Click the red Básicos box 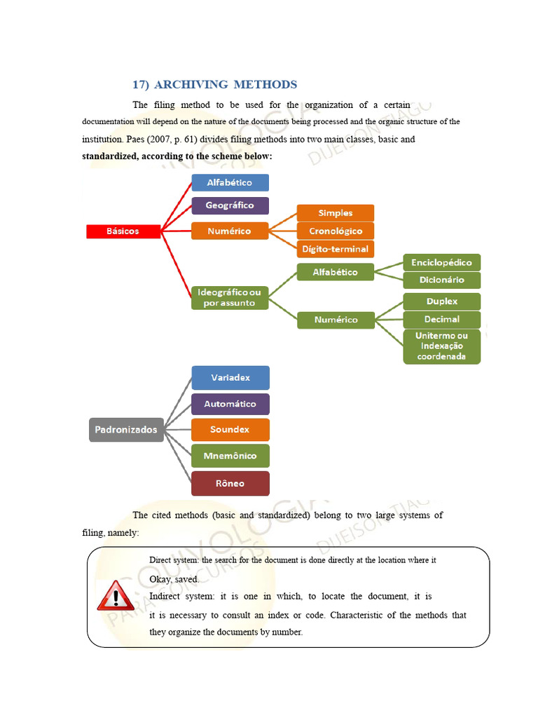[123, 231]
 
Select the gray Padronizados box [126, 430]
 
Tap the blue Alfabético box [230, 182]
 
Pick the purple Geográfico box [230, 205]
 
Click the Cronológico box [336, 231]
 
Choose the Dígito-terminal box [336, 249]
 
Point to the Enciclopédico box [441, 262]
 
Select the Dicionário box [441, 280]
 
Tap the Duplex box [441, 302]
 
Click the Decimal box [441, 319]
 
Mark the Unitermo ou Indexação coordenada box [441, 346]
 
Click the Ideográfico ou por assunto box [230, 297]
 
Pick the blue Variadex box [230, 378]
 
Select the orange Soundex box [230, 430]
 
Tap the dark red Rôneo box [230, 483]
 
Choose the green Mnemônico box [230, 456]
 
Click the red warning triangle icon [116, 596]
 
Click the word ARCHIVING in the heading [191, 85]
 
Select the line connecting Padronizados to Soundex [177, 430]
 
